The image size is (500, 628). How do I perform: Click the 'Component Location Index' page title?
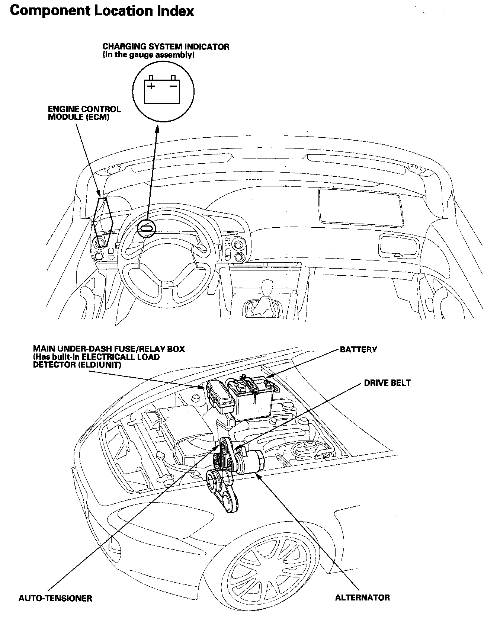point(102,11)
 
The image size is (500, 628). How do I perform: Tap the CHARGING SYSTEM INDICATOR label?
point(166,47)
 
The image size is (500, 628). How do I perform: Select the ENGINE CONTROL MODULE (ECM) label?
point(84,113)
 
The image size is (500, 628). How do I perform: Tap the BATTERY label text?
point(358,350)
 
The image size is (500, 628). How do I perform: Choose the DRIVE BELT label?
point(387,383)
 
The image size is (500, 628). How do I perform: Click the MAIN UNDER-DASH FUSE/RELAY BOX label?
point(109,349)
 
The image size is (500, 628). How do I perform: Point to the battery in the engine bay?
point(251,398)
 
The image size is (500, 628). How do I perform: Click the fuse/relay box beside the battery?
point(219,396)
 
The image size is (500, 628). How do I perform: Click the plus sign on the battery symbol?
point(151,86)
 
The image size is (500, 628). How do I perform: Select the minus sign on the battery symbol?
point(173,86)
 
